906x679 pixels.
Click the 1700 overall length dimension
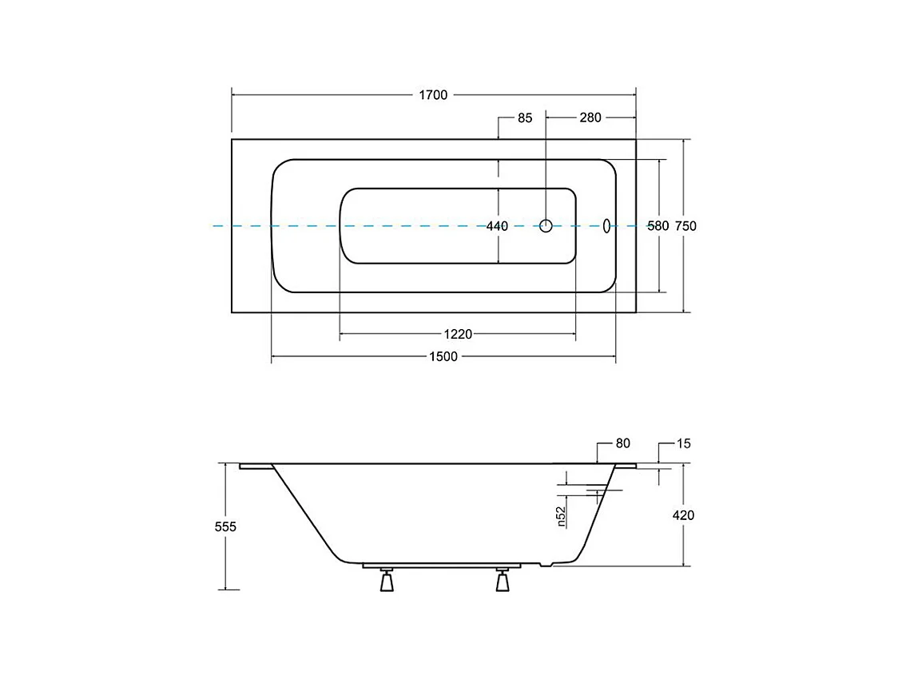pyautogui.click(x=433, y=95)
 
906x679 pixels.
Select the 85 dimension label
pyautogui.click(x=524, y=118)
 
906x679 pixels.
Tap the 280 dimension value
pyautogui.click(x=590, y=118)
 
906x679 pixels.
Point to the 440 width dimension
pyautogui.click(x=497, y=226)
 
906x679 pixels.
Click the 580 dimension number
pyautogui.click(x=658, y=226)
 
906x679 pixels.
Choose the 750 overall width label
pyautogui.click(x=685, y=226)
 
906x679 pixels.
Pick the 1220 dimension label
pyautogui.click(x=459, y=334)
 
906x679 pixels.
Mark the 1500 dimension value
pyautogui.click(x=443, y=356)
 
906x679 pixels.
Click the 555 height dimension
pyautogui.click(x=226, y=527)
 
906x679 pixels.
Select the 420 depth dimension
pyautogui.click(x=683, y=515)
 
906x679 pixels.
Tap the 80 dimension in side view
pyautogui.click(x=623, y=443)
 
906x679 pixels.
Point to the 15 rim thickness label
pyautogui.click(x=682, y=443)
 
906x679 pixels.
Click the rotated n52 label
pyautogui.click(x=561, y=516)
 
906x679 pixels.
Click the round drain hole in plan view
pyautogui.click(x=546, y=226)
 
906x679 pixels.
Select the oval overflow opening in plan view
pyautogui.click(x=606, y=226)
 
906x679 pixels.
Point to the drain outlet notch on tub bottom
pyautogui.click(x=546, y=566)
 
